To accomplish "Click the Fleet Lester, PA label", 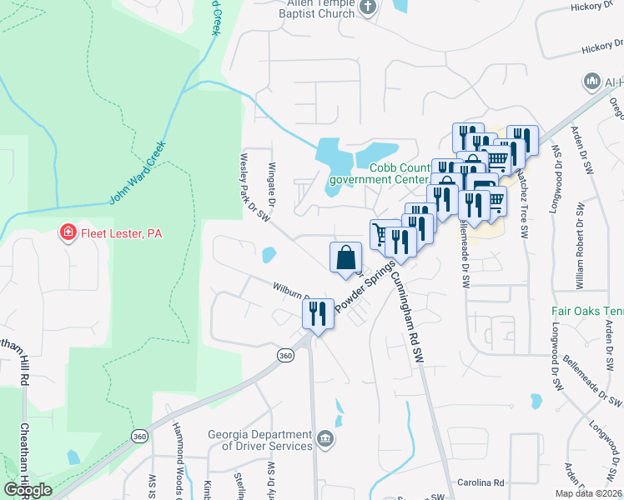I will (x=120, y=234).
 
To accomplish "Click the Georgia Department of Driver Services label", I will (x=259, y=440).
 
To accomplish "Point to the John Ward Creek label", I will (x=138, y=173).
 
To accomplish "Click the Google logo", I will (x=28, y=490).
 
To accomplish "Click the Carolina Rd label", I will (x=481, y=483).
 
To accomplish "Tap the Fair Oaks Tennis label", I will (x=586, y=312).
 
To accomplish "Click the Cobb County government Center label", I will (x=380, y=172).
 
